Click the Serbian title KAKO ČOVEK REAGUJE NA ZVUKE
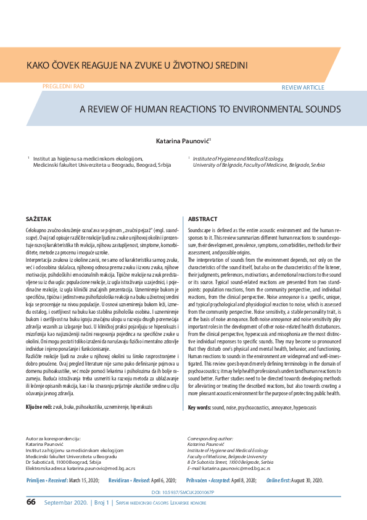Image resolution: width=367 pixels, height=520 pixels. tap(136, 64)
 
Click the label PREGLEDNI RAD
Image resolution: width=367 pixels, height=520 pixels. tap(63, 87)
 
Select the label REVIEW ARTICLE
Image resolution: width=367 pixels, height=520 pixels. tap(302, 88)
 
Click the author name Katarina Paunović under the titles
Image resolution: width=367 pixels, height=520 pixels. tap(183, 141)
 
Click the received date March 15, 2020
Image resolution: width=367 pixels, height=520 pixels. tap(82, 480)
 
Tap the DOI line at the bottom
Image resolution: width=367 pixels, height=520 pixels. tap(183, 492)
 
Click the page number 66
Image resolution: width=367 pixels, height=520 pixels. tap(31, 503)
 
